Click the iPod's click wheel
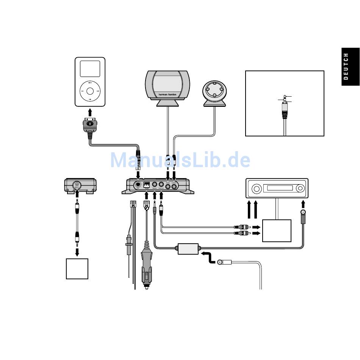[x=90, y=91]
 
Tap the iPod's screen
[x=90, y=69]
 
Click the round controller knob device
[x=215, y=91]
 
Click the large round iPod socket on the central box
[x=138, y=185]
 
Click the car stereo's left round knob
[x=256, y=189]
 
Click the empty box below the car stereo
[x=277, y=230]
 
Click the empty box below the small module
[x=77, y=269]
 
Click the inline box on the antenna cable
[x=188, y=249]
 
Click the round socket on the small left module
[x=77, y=185]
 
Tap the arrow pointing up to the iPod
[x=90, y=113]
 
